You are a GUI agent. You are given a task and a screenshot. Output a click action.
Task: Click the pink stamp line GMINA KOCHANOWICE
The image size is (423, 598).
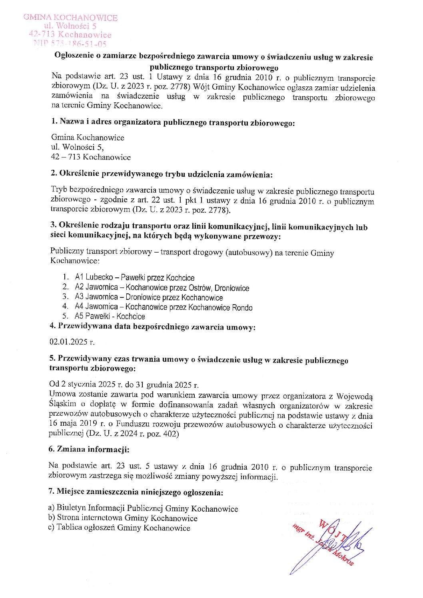click(x=70, y=18)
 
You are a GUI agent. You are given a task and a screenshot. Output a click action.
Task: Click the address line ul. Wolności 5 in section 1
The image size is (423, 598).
click(x=77, y=147)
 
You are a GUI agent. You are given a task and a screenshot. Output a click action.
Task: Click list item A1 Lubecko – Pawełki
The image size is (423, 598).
click(x=134, y=277)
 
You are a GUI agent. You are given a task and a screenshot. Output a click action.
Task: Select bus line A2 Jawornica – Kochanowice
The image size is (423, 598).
click(x=162, y=287)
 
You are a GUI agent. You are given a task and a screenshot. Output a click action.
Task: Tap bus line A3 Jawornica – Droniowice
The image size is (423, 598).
click(x=148, y=297)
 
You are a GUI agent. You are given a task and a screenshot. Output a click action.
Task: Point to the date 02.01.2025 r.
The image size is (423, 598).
click(x=72, y=342)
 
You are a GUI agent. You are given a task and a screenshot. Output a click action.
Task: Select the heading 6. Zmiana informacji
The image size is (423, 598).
click(x=89, y=449)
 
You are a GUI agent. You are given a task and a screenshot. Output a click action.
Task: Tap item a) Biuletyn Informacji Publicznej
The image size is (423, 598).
click(x=143, y=508)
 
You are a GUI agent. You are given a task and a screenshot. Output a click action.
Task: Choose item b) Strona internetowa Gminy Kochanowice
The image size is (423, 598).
click(x=123, y=518)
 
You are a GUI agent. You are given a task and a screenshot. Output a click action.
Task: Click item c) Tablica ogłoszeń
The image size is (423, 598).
click(x=119, y=528)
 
